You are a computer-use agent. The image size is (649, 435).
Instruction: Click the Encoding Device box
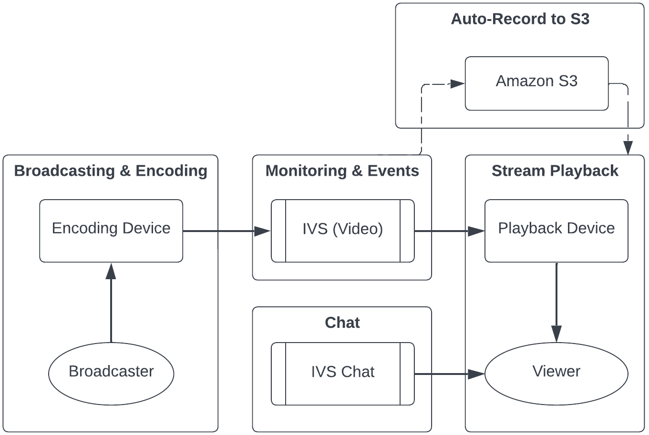click(111, 231)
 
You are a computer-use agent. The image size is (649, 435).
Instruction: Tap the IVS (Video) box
click(342, 231)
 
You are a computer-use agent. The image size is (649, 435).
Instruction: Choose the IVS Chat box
click(342, 374)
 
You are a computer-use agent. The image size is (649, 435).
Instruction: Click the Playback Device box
click(556, 231)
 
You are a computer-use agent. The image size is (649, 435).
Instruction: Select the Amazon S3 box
click(536, 83)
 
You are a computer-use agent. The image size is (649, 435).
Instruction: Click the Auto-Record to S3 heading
click(520, 19)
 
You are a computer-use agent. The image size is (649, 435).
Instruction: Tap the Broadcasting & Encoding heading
click(111, 171)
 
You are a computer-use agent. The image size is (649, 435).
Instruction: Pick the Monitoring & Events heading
click(342, 171)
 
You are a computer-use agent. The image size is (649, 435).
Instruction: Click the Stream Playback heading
click(555, 171)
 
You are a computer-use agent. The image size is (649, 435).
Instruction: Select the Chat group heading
click(342, 323)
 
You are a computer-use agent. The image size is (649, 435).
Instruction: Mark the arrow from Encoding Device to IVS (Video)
click(224, 231)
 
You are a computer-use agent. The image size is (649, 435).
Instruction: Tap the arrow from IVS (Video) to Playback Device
click(448, 231)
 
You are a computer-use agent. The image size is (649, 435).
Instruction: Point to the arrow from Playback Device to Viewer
click(556, 300)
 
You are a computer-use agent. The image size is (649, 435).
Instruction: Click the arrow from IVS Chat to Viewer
click(448, 374)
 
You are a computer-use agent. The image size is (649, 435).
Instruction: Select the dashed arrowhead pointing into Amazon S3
click(457, 84)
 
